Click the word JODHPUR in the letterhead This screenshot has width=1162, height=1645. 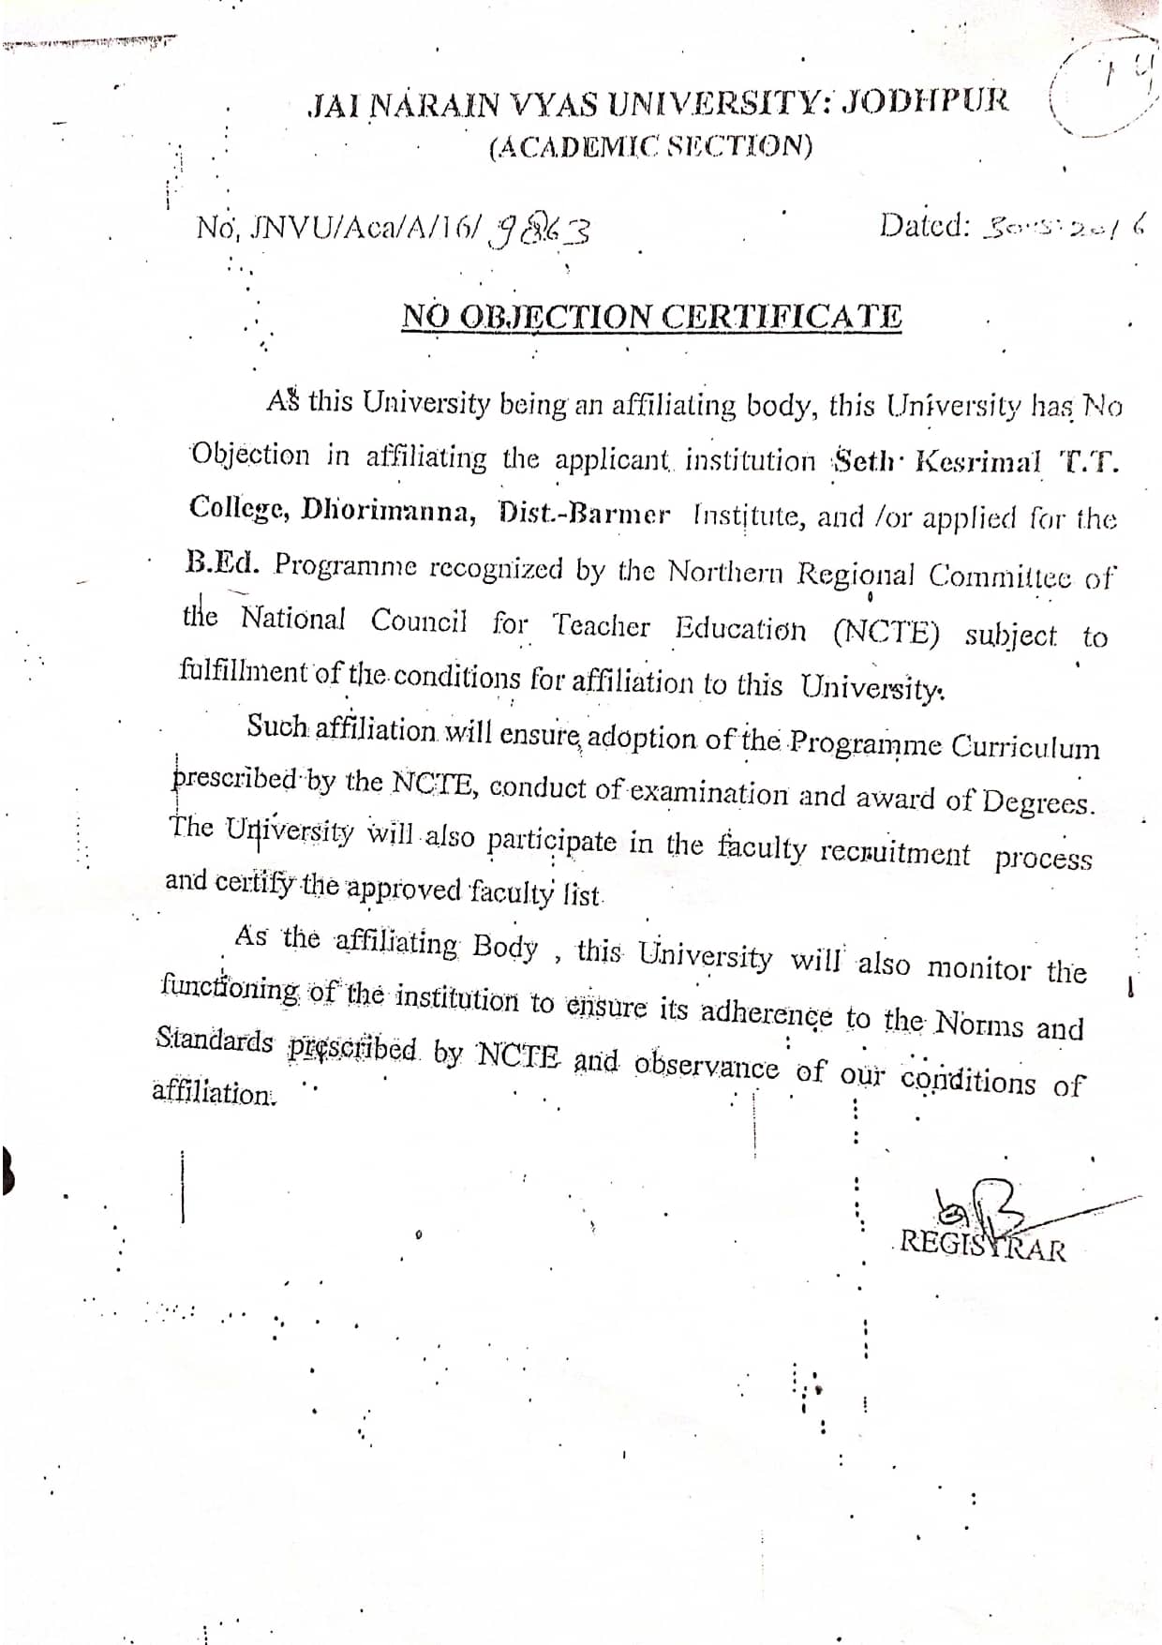click(x=925, y=100)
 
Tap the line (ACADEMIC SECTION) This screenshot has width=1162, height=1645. click(x=650, y=146)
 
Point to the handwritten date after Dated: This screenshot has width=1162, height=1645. click(x=1063, y=226)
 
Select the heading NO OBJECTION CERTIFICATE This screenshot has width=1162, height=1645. click(x=652, y=317)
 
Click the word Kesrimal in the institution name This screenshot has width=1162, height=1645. click(x=977, y=461)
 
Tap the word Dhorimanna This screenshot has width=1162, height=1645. click(x=389, y=512)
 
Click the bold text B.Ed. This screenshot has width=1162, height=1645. click(x=221, y=563)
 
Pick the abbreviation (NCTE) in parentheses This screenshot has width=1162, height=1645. click(x=886, y=632)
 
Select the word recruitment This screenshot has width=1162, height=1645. click(x=895, y=853)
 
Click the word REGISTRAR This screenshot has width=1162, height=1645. click(x=982, y=1247)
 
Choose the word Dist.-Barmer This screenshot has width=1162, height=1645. click(x=585, y=514)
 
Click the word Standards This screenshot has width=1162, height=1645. click(x=215, y=1039)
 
